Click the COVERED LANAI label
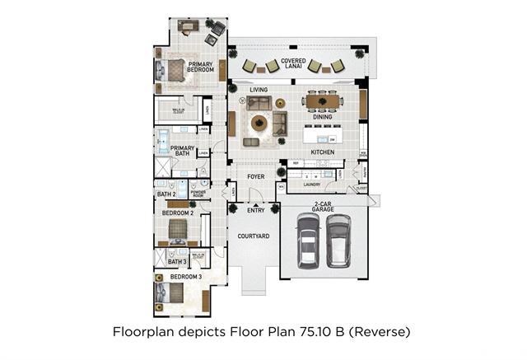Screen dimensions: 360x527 coord(294,61)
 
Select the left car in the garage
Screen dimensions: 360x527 coord(308,244)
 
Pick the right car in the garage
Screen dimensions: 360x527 coord(338,241)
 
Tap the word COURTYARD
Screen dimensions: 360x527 coord(254,236)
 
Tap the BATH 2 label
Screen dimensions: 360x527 coord(167,194)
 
